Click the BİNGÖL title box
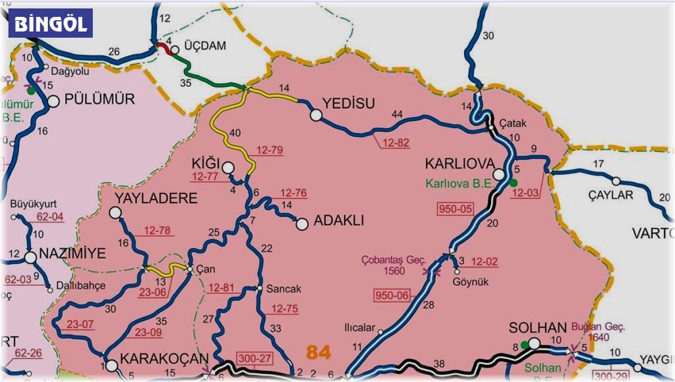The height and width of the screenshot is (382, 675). coord(51,24)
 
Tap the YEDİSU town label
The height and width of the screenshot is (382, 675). coord(348,103)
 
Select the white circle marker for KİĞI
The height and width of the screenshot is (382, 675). coord(228,167)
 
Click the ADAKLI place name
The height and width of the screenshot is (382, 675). coord(338,221)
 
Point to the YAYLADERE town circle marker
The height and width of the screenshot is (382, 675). coord(115,212)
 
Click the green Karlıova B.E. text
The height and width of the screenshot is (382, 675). coord(457,183)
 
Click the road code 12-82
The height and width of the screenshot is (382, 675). coord(395,143)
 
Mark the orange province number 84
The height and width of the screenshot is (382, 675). coord(318,352)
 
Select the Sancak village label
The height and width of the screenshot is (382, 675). coord(285,289)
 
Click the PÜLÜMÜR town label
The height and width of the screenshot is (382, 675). coord(100,100)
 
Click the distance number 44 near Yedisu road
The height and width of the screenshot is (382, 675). coord(397,115)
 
